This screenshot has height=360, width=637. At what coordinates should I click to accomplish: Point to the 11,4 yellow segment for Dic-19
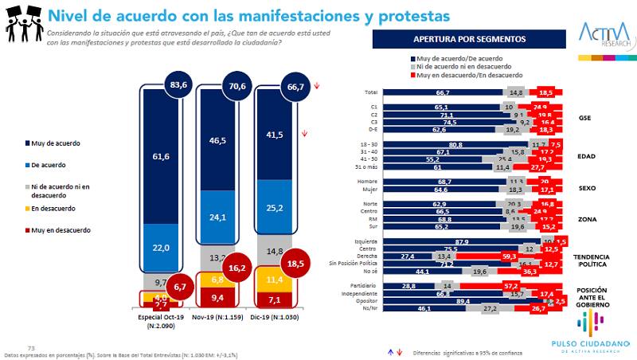[275, 280]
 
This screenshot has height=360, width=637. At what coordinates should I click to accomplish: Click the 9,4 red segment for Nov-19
[217, 299]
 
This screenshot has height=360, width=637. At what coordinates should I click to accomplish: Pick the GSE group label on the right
[584, 118]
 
